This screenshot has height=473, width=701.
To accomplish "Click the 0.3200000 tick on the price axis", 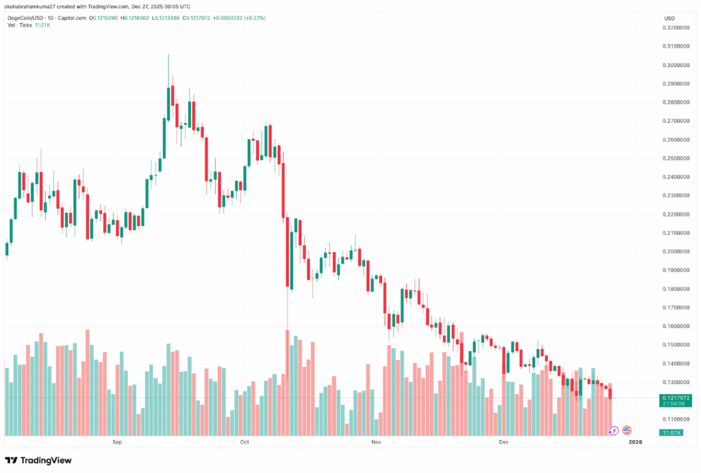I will pos(676,28).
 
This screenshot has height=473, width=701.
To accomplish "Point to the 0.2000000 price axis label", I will pos(676,251).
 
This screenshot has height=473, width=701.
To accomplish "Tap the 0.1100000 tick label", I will pos(676,419).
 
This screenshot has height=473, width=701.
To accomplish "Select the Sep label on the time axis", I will pos(117,443).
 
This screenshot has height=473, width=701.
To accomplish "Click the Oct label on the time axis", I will pos(244,443).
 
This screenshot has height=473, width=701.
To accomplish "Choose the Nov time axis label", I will pos(375,443).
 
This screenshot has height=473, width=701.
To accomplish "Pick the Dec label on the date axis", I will pos(504,443).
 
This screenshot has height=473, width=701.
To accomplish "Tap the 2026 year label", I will pos(636,443).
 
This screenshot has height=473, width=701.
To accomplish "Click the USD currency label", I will pos(670,17).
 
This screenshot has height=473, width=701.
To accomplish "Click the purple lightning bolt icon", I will pos(613,431).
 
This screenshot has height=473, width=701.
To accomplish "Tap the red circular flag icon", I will pos(626,431).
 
